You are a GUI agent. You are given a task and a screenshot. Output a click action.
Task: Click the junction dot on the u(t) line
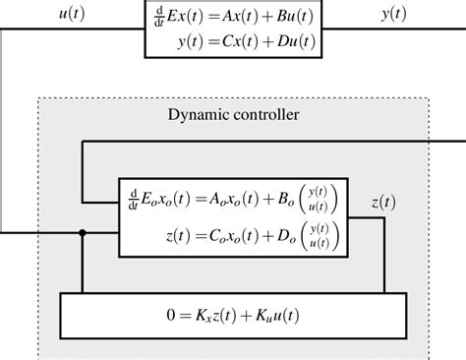pos(83,234)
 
